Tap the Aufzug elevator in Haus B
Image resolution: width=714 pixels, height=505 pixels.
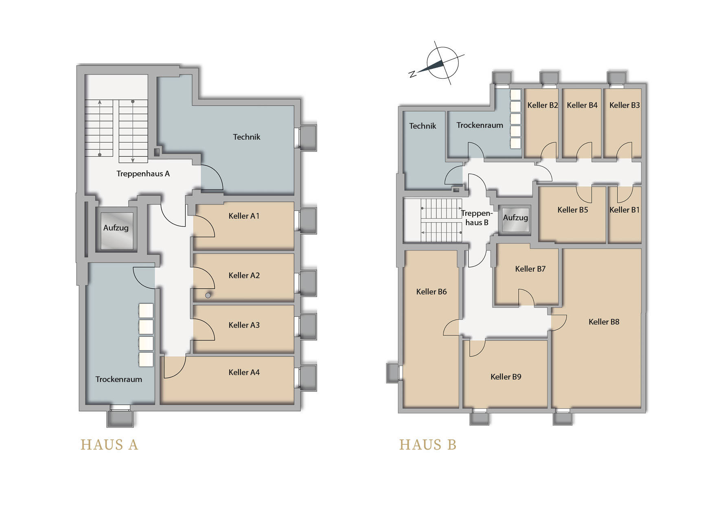[x=515, y=220]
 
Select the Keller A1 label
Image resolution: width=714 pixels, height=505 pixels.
[x=244, y=216]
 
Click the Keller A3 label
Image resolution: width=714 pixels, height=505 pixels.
[x=244, y=325]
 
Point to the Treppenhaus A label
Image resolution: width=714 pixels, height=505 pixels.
[x=143, y=174]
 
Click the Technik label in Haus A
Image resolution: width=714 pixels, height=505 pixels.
[x=246, y=137]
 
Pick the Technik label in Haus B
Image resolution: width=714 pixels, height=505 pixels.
[x=423, y=126]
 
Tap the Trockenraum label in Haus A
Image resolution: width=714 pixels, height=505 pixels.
[x=118, y=379]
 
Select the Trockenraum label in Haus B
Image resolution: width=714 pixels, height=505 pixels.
[x=480, y=125]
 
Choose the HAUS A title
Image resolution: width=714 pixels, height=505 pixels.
[x=110, y=445]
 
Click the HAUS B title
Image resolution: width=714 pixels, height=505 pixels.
[x=428, y=445]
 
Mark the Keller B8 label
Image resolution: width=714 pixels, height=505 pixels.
[x=604, y=322]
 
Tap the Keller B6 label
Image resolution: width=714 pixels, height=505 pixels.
[x=431, y=292]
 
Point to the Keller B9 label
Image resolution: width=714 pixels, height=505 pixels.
[x=506, y=377]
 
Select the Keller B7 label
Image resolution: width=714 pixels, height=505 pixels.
[x=530, y=269]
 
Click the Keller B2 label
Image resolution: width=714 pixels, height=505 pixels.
[x=542, y=105]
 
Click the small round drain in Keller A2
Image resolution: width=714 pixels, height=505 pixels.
[x=208, y=295]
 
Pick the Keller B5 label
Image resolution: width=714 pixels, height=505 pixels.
[x=572, y=210]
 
